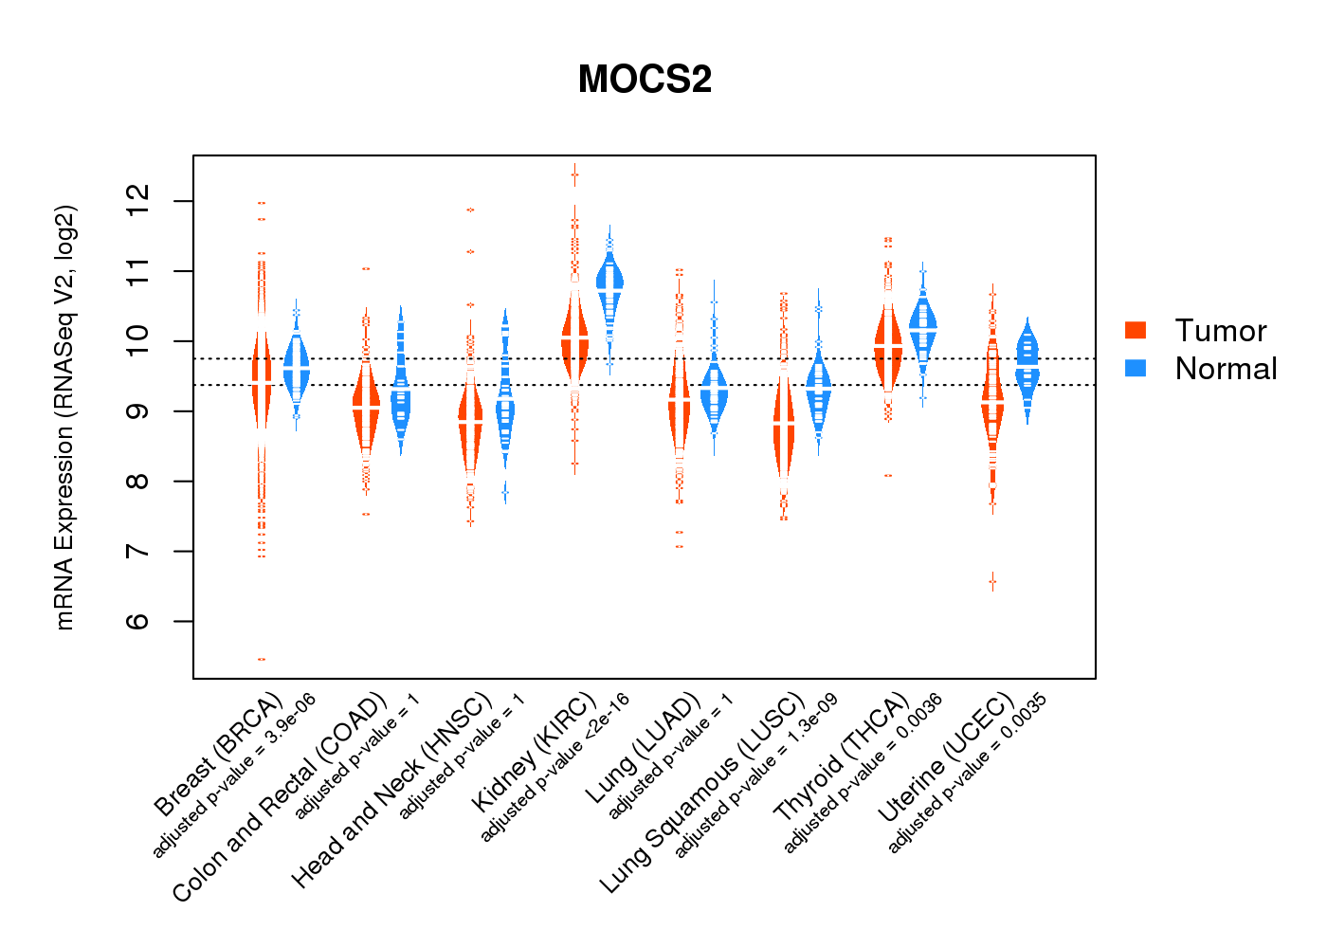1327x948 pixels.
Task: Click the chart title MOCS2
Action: [645, 80]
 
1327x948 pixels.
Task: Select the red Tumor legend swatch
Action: [1136, 330]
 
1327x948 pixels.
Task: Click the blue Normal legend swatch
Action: [1136, 368]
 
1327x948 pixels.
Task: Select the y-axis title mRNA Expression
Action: [64, 417]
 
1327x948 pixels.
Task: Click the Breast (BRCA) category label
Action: [219, 755]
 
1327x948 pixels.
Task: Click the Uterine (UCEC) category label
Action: [946, 759]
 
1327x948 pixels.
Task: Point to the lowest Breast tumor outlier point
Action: [262, 659]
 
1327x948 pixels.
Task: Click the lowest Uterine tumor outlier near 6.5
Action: [992, 581]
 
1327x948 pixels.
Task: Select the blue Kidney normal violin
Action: [609, 282]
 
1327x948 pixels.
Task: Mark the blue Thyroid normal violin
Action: [922, 327]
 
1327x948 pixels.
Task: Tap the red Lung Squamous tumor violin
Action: [783, 427]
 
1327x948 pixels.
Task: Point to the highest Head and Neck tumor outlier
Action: [470, 210]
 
